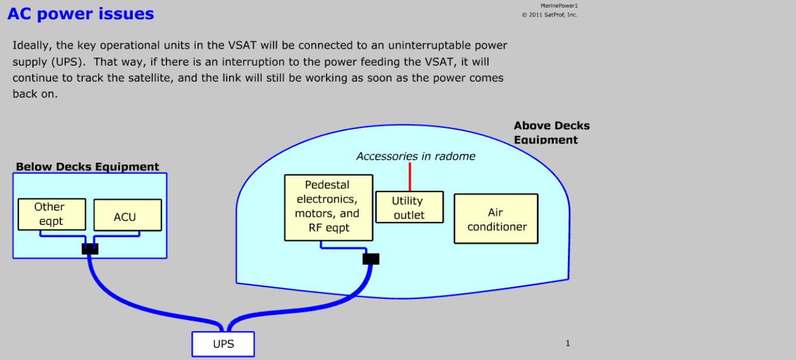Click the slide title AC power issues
point(80,14)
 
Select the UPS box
point(223,344)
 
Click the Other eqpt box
point(52,214)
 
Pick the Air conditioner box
point(496,218)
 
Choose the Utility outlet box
point(409,208)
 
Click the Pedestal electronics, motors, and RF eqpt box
point(328,207)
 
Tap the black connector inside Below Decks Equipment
point(90,249)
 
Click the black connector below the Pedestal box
point(371,259)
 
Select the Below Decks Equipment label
point(88,167)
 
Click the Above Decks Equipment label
point(551,132)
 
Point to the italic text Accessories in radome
point(415,156)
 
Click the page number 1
point(567,344)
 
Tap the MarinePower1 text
point(559,6)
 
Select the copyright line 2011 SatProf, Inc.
point(550,15)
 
